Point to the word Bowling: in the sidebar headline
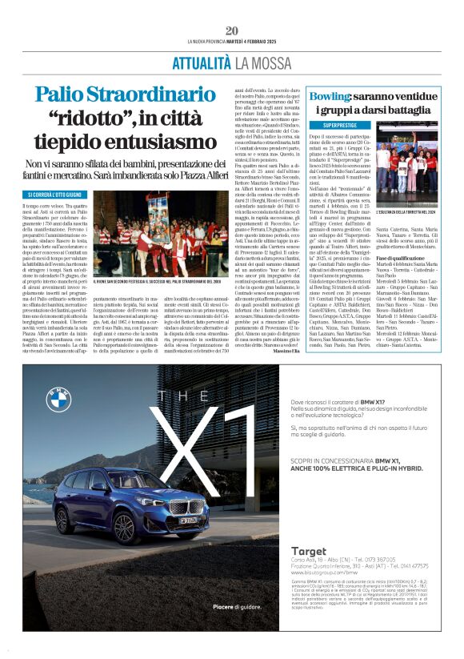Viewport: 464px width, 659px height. click(x=330, y=96)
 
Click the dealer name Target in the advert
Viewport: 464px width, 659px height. click(x=309, y=551)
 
